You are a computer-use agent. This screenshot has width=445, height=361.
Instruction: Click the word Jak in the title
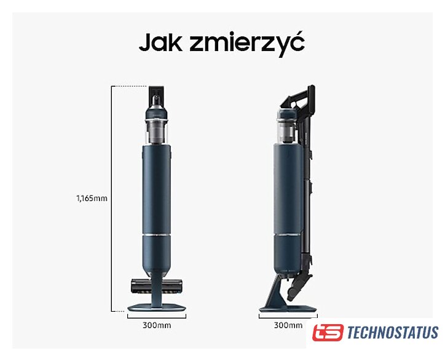point(160,42)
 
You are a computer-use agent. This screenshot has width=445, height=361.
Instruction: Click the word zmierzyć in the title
point(247,44)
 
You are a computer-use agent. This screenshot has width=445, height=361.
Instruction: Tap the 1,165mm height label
point(92,198)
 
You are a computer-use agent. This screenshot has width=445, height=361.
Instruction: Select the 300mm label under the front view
point(157,325)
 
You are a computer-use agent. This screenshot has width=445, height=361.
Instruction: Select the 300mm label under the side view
point(288,325)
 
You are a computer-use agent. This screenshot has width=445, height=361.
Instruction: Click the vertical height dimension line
point(111,199)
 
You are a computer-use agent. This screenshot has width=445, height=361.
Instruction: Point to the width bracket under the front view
point(157,316)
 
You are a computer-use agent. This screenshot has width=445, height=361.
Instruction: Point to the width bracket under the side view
point(288,316)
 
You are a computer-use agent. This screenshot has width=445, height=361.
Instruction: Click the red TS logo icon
point(328,332)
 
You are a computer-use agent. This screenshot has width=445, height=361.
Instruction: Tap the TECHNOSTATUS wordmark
point(393,333)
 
